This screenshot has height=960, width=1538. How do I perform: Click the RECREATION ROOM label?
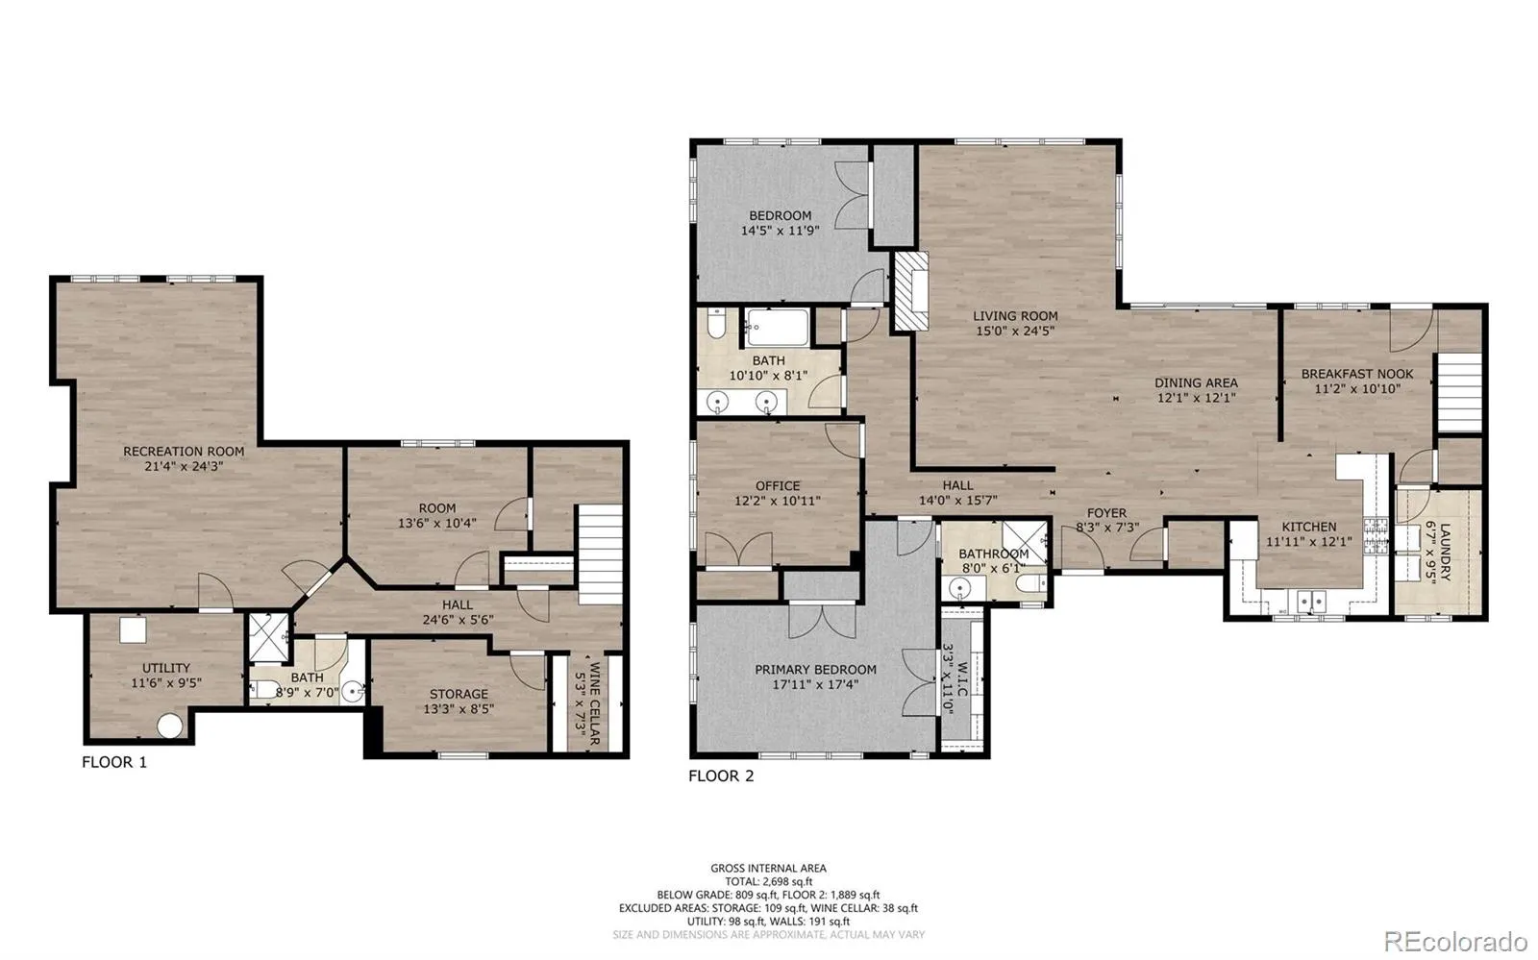(184, 452)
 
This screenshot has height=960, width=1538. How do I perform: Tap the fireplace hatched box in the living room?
(910, 291)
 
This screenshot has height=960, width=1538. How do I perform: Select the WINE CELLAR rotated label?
(595, 703)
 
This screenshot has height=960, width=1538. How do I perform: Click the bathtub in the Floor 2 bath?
(778, 328)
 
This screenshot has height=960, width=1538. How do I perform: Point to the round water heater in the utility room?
(169, 726)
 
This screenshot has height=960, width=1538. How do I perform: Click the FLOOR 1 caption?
(114, 762)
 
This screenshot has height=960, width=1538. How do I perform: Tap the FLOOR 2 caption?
(721, 776)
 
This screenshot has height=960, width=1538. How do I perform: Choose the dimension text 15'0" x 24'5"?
(1015, 331)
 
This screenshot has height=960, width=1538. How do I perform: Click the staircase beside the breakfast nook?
(1460, 393)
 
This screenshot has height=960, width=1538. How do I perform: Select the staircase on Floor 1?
(600, 554)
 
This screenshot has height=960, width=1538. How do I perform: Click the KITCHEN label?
(1309, 527)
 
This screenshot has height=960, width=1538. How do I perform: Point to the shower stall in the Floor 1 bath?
(268, 638)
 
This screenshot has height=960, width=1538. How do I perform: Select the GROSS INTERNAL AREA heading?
(768, 868)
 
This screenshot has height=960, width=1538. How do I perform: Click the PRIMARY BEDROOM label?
(816, 670)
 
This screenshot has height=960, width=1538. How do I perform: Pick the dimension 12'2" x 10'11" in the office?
(778, 501)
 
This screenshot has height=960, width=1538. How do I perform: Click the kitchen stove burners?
(1376, 535)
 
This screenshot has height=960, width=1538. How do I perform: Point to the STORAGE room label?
(459, 695)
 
